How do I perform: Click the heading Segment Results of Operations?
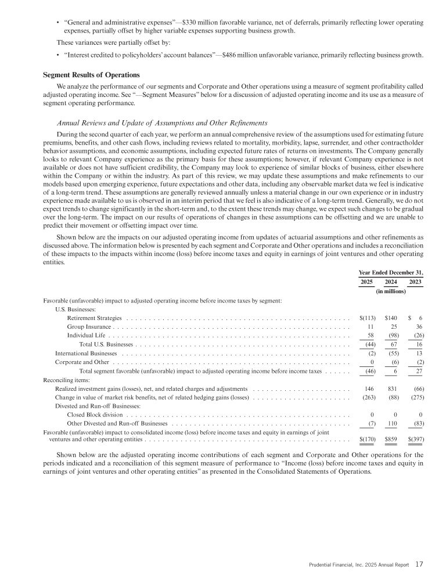click(92, 75)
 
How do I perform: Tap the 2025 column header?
click(366, 282)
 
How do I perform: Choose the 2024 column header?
click(391, 282)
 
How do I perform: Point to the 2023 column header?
click(415, 282)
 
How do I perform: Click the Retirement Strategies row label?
click(94, 318)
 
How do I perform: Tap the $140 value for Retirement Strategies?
click(390, 318)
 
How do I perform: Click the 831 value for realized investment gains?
click(392, 387)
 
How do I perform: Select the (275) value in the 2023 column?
click(415, 397)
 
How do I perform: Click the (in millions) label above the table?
click(391, 291)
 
